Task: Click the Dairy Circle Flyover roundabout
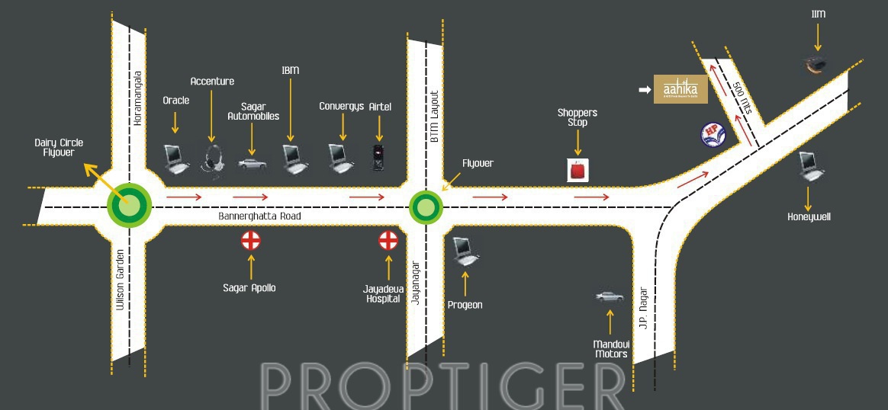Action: click(130, 205)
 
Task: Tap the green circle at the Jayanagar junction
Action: click(426, 206)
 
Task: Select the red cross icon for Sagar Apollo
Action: click(251, 241)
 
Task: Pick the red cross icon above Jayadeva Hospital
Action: click(388, 241)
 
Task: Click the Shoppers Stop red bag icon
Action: click(578, 170)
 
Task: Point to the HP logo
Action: click(713, 135)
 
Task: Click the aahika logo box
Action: click(681, 89)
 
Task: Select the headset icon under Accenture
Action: click(213, 160)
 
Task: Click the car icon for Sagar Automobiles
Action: click(253, 163)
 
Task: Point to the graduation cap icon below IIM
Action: click(816, 65)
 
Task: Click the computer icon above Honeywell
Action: click(808, 166)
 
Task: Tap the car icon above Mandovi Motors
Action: click(610, 296)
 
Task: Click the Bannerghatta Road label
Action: click(259, 216)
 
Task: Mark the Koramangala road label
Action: click(138, 98)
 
